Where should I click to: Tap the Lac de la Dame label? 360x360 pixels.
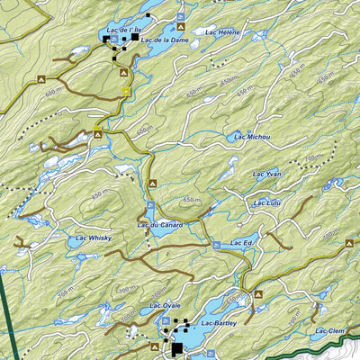click(164, 40)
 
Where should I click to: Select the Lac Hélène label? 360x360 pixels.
click(222, 31)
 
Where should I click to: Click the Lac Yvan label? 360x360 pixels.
click(267, 173)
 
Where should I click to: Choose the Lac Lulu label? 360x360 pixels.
click(267, 202)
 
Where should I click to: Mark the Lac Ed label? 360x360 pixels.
click(241, 242)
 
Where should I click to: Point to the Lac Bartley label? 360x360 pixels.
click(218, 322)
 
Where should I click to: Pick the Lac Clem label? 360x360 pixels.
click(330, 331)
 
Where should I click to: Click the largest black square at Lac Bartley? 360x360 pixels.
click(177, 347)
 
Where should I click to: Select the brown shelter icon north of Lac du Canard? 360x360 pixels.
click(152, 184)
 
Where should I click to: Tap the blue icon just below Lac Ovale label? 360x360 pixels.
click(166, 319)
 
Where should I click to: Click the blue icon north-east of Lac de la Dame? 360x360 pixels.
click(183, 17)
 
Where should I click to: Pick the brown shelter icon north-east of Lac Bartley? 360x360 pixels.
click(258, 293)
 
